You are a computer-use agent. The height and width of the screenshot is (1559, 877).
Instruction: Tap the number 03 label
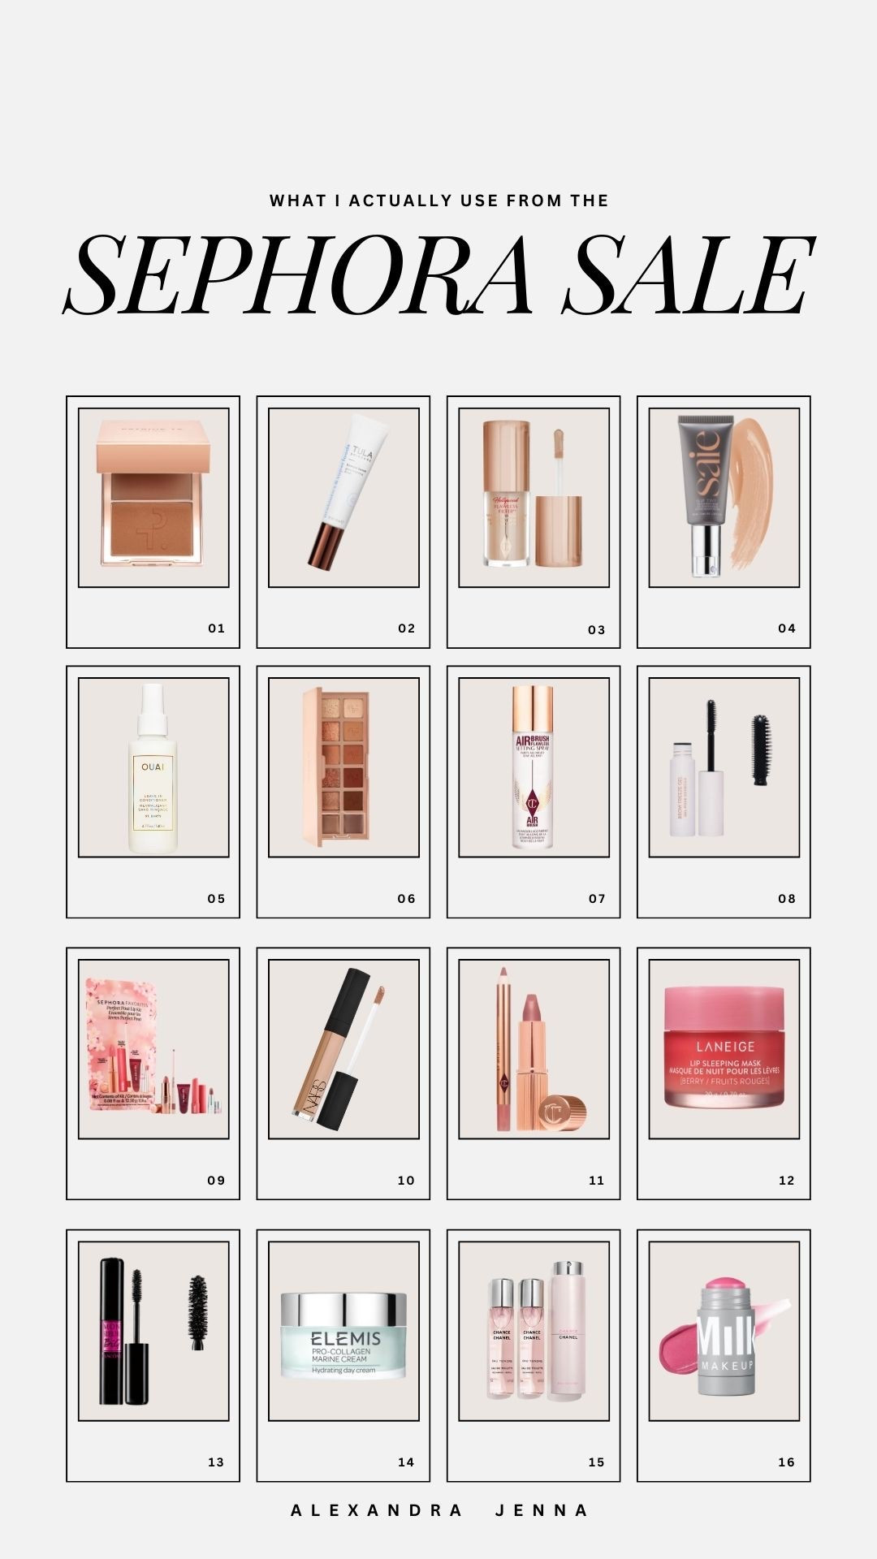pos(597,630)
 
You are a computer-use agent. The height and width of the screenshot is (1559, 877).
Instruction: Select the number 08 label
pos(787,899)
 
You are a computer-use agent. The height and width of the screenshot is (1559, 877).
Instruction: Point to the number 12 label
pos(787,1181)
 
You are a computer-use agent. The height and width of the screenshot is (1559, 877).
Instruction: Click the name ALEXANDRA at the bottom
pos(377,1511)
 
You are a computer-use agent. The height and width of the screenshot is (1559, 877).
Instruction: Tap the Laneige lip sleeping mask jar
pos(724,1047)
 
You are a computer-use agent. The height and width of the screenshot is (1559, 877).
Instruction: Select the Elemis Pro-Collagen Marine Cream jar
pos(343,1336)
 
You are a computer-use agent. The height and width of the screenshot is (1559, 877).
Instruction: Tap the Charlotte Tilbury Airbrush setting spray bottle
pos(533,767)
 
